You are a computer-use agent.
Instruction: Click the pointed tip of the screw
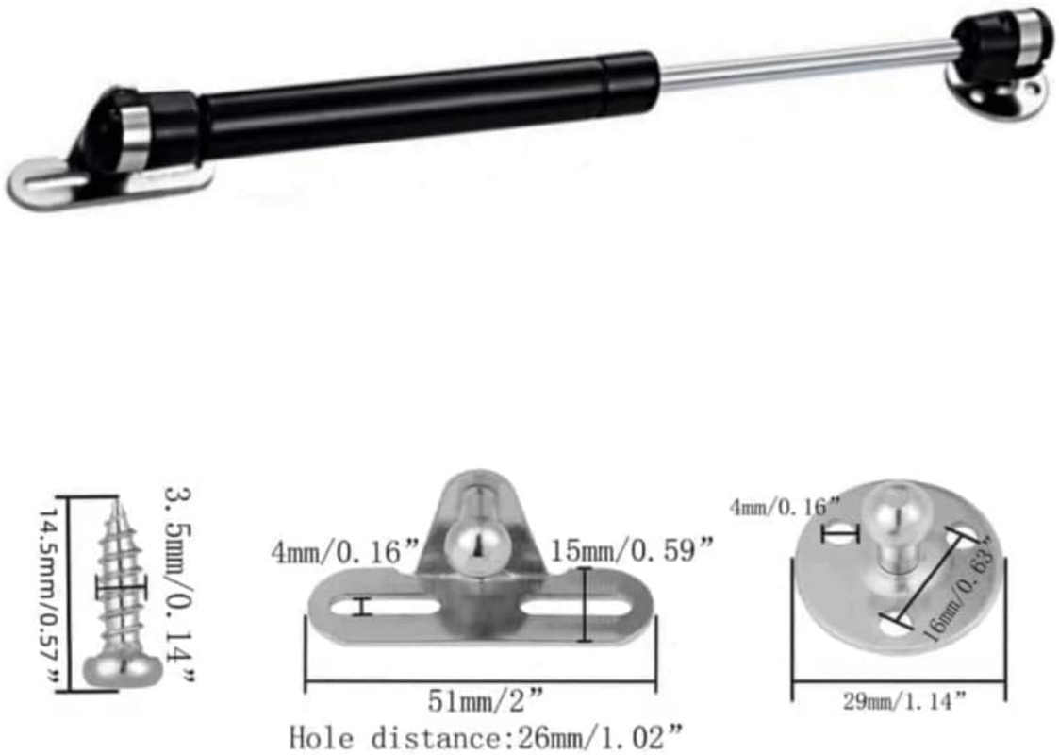[120, 506]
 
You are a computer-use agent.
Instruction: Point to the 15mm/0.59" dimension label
[633, 548]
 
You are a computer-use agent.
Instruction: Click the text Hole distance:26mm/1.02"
[486, 736]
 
